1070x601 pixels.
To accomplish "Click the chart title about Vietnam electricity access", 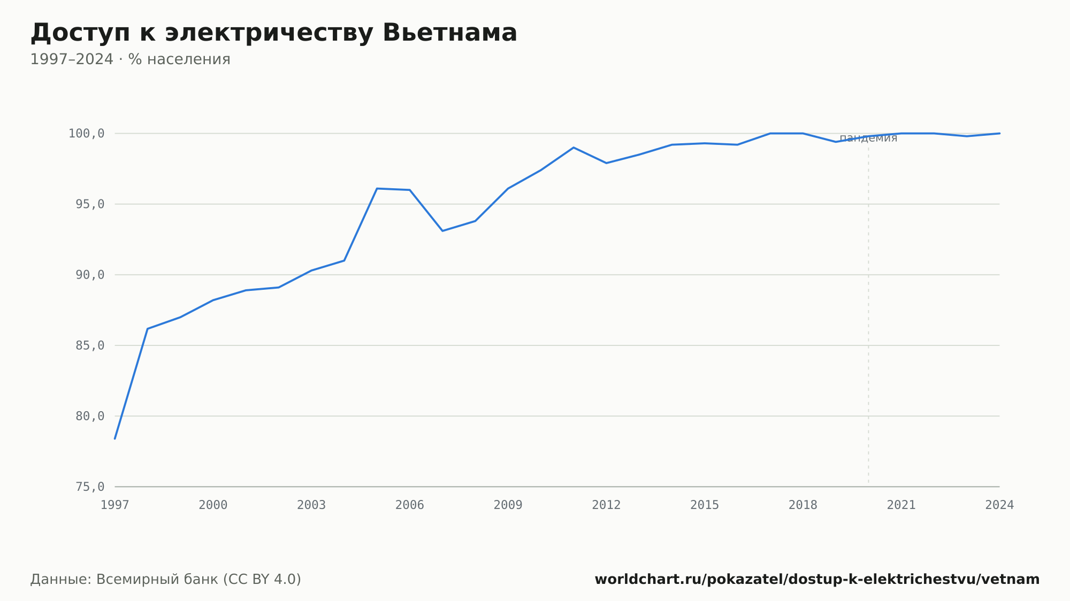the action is click(x=273, y=33).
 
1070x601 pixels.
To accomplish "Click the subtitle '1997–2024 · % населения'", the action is click(x=130, y=59).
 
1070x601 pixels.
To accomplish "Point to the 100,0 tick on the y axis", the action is click(x=86, y=134).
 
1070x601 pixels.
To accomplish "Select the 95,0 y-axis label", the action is click(x=90, y=204).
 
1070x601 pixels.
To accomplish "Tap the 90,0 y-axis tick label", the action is click(x=90, y=275).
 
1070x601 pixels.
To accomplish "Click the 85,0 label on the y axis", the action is click(x=90, y=345).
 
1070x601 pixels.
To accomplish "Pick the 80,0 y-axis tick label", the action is click(x=90, y=416).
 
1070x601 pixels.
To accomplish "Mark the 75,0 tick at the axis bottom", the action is click(x=90, y=487).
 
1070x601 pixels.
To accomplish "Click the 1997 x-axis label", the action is click(x=115, y=505).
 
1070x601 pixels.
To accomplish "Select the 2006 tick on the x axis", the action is click(x=410, y=505).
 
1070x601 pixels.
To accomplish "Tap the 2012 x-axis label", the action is click(x=606, y=505).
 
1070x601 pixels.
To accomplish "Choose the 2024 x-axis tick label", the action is click(x=999, y=505).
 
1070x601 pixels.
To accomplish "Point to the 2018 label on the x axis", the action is click(x=803, y=505).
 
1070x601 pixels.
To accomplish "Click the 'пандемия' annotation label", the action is click(x=868, y=138).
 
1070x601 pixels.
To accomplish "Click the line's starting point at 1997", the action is click(x=115, y=438).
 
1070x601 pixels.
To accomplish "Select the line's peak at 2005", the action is click(x=377, y=188).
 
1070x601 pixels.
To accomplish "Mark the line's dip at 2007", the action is click(x=442, y=230).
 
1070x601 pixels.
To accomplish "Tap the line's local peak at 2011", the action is click(x=574, y=147).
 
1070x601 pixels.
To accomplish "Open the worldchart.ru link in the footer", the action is click(x=817, y=580).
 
